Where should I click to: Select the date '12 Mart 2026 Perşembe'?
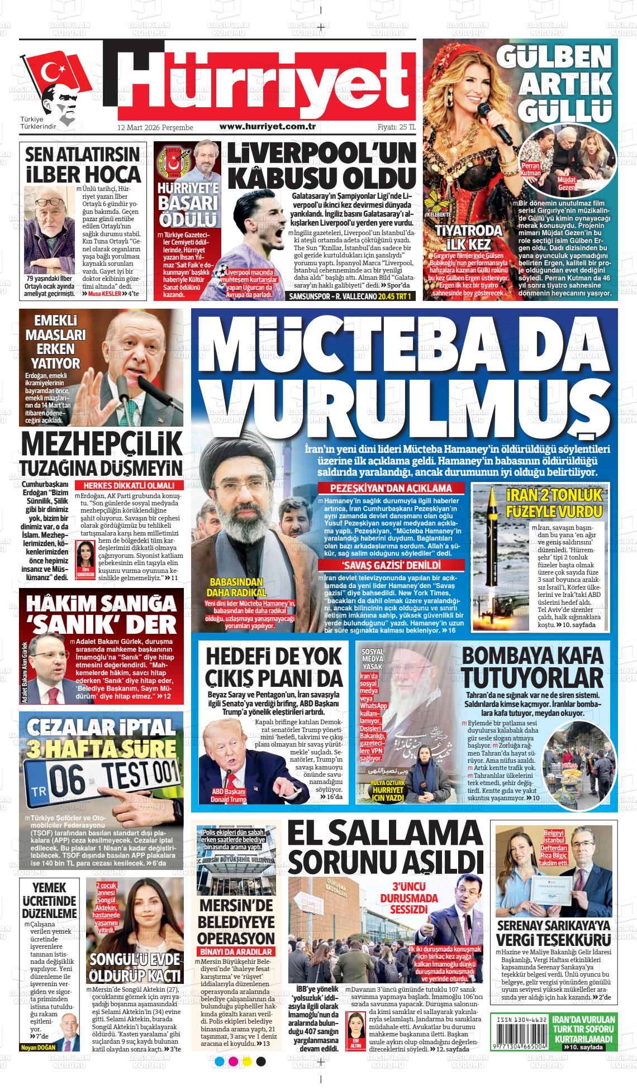[155, 128]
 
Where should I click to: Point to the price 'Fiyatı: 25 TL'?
[396, 127]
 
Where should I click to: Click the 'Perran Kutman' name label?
[530, 169]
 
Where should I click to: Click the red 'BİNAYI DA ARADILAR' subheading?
[235, 951]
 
